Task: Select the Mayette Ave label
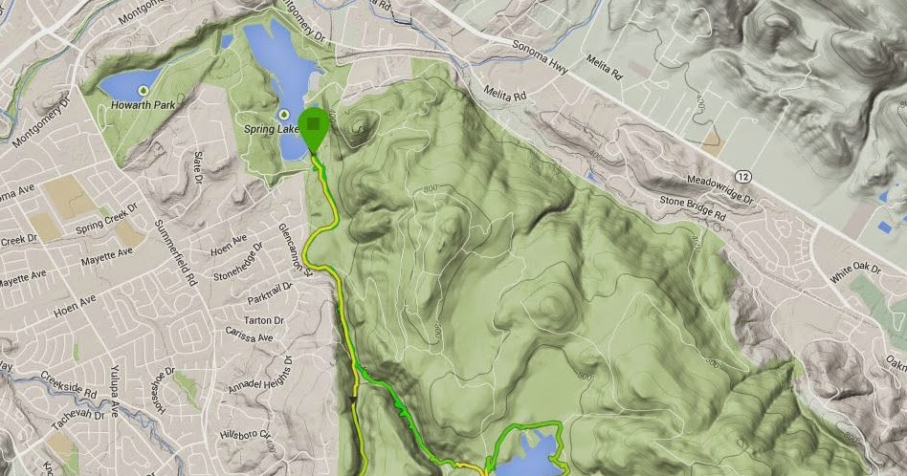click(105, 255)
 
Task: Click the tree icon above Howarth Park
click(143, 90)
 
